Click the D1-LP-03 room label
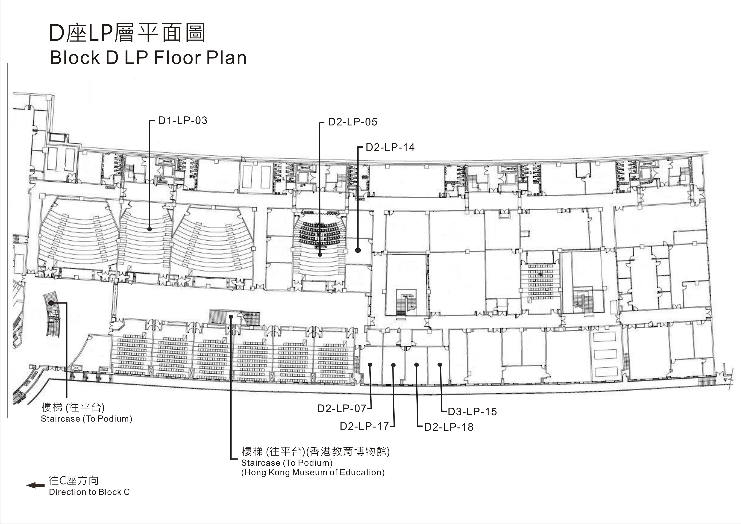tap(183, 120)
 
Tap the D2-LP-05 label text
tap(353, 122)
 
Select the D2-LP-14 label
tap(390, 147)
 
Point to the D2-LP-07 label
tap(342, 408)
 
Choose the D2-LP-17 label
tap(364, 426)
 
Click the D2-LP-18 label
tap(449, 427)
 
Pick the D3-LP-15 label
tap(472, 412)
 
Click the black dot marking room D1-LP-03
tap(149, 229)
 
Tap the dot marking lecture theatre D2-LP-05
tap(320, 255)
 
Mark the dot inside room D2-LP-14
tap(358, 250)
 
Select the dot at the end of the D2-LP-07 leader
tap(370, 365)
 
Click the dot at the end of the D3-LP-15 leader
tap(440, 365)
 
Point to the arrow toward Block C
tap(35, 485)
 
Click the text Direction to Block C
tap(89, 492)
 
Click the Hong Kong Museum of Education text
tap(313, 473)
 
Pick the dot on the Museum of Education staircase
tap(231, 317)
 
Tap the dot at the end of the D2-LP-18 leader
tap(417, 365)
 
